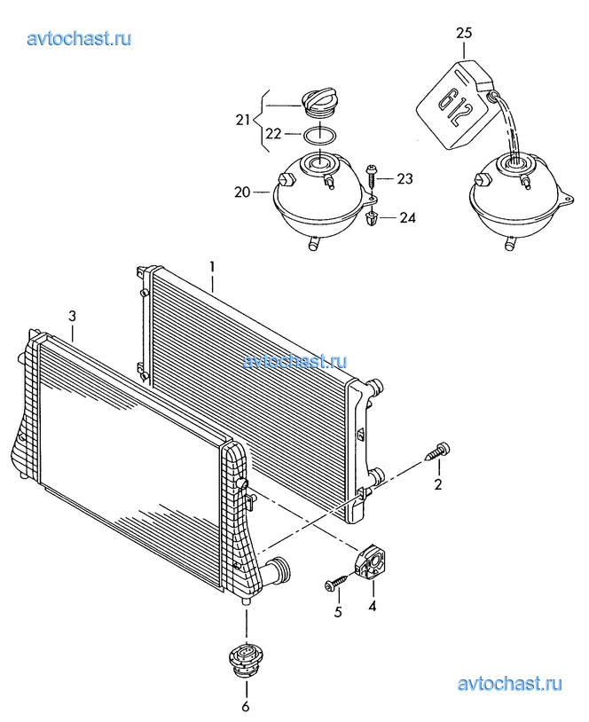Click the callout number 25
(x=464, y=33)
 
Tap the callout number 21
(x=243, y=120)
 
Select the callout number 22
(x=273, y=134)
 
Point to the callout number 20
(x=242, y=192)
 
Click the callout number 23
(x=404, y=178)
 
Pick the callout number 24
(x=407, y=217)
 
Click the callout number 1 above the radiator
(x=212, y=267)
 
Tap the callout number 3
(x=72, y=317)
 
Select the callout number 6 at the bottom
(x=246, y=706)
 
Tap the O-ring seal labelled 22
(x=319, y=136)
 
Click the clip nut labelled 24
(x=370, y=218)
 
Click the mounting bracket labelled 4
(x=371, y=562)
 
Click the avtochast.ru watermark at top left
(x=79, y=39)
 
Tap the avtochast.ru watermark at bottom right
(x=510, y=684)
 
